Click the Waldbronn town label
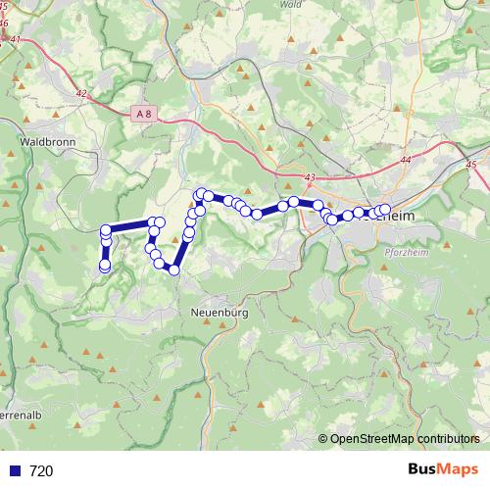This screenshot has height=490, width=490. [x=41, y=141]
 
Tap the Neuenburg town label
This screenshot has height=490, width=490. [x=214, y=312]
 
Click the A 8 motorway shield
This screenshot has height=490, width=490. [x=144, y=114]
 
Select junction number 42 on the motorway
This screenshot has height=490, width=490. [x=80, y=94]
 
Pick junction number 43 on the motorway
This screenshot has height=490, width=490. [x=310, y=177]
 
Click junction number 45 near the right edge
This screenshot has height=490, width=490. [x=471, y=165]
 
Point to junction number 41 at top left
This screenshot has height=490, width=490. [x=15, y=40]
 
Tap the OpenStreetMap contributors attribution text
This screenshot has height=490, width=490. [x=405, y=439]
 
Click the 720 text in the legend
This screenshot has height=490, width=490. [x=41, y=471]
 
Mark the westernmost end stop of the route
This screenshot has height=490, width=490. [x=105, y=266]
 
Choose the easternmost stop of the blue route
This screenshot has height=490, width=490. [x=385, y=209]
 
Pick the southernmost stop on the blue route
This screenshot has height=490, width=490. [x=173, y=269]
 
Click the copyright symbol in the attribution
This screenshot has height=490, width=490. [x=323, y=439]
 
